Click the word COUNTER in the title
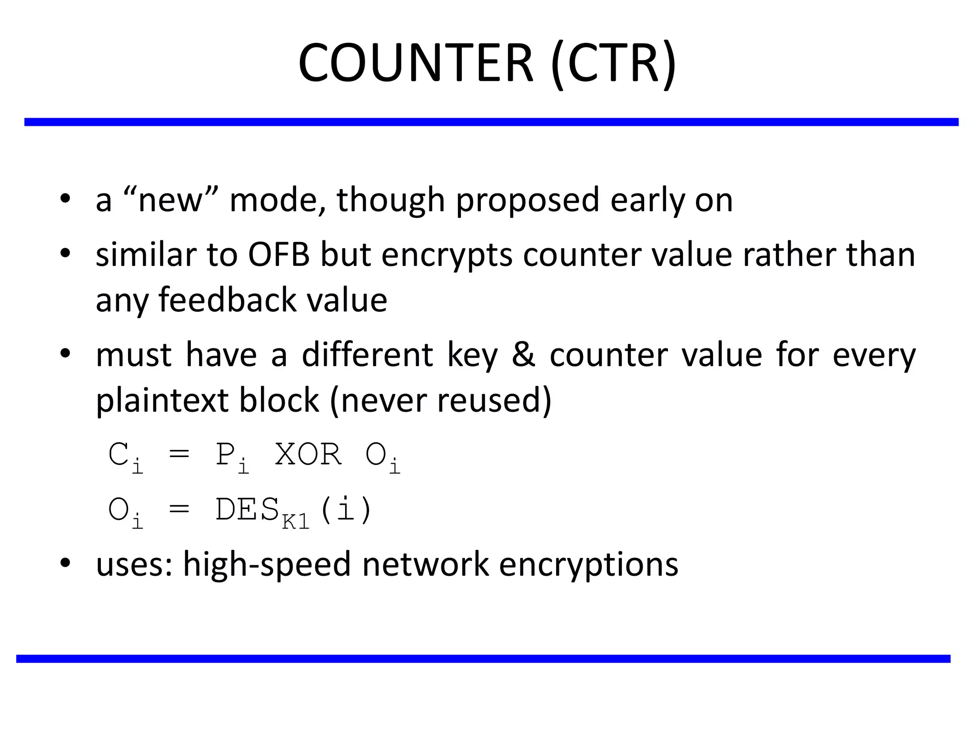point(415,63)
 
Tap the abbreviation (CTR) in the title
point(613,63)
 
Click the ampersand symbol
point(524,355)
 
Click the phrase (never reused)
point(440,400)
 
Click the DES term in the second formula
point(247,509)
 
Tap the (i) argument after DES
point(346,509)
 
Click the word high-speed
point(267,564)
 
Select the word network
point(425,564)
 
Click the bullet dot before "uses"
point(66,562)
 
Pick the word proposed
point(527,200)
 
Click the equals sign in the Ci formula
point(179,455)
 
